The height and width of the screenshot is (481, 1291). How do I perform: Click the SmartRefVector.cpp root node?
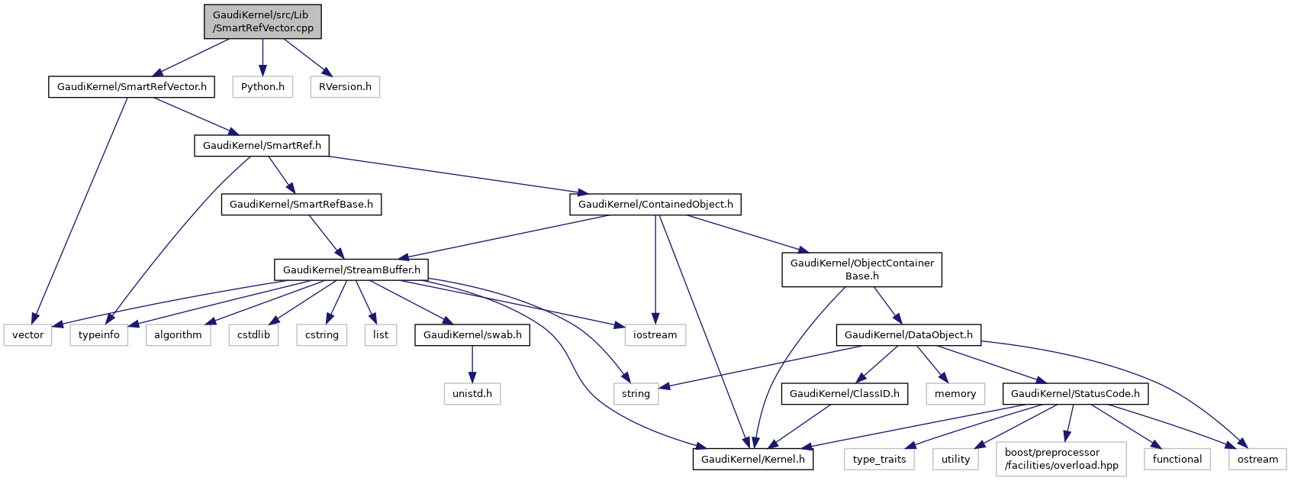(x=262, y=21)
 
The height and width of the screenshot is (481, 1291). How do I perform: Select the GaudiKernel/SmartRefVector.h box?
(x=131, y=87)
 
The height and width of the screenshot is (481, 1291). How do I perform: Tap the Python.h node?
(x=262, y=87)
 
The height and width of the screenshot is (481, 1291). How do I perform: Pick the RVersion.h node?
(x=345, y=87)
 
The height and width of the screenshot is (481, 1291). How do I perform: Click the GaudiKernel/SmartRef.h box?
(x=262, y=146)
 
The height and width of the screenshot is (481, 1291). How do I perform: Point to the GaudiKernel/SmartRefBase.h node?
(x=301, y=205)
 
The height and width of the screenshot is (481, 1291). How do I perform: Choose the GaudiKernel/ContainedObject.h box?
(x=655, y=205)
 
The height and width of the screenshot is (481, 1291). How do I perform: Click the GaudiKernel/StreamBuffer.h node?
(x=351, y=270)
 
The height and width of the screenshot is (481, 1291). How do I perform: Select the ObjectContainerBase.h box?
(x=861, y=270)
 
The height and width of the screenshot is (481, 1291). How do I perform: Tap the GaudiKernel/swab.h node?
(x=472, y=335)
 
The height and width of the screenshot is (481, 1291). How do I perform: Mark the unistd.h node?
(x=472, y=394)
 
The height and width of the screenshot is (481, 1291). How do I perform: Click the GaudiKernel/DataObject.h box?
(x=908, y=335)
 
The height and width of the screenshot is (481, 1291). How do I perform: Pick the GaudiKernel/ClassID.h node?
(x=844, y=394)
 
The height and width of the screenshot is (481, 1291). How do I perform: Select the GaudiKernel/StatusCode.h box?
(x=1075, y=394)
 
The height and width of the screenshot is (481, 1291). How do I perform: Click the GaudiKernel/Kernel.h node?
(x=752, y=460)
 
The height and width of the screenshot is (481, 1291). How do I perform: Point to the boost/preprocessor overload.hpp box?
(x=1061, y=459)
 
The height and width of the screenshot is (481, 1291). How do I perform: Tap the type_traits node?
(x=879, y=460)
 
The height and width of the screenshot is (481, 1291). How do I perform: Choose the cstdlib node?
(x=253, y=335)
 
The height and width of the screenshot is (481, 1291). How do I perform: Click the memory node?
(x=955, y=394)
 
